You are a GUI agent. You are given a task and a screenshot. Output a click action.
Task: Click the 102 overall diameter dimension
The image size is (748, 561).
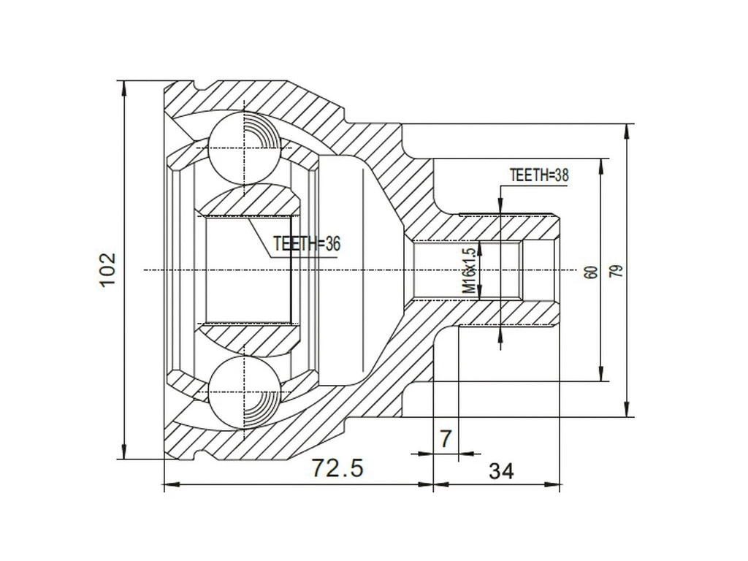coord(107,270)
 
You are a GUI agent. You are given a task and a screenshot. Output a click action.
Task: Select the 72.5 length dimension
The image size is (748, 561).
coord(337,467)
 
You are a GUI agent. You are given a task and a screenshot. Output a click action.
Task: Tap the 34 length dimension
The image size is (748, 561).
coord(500,471)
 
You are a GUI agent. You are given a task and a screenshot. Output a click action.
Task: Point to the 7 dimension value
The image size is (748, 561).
coord(445,439)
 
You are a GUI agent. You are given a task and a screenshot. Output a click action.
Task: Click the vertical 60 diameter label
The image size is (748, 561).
coord(591,271)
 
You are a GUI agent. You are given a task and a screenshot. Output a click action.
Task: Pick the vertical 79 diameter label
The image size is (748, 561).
coord(617,271)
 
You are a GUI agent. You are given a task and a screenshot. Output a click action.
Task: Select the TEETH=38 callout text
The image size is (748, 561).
coord(539,175)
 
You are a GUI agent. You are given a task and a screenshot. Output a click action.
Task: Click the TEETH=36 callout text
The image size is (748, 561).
coord(307,244)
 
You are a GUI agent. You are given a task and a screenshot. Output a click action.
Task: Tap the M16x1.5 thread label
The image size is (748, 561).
coord(470,271)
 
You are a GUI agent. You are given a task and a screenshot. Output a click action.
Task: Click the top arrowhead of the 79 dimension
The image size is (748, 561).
coord(627,131)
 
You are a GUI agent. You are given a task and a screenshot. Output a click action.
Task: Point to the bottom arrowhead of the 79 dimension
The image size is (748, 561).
coord(627,410)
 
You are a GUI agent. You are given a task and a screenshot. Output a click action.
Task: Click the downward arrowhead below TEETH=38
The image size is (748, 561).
coord(500,207)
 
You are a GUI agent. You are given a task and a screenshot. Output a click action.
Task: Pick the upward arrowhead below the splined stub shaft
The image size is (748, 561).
coord(500,332)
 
